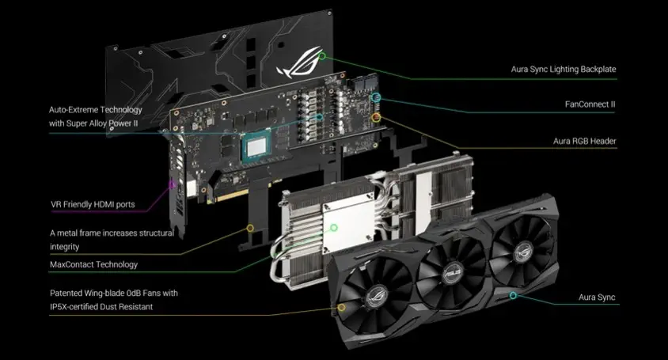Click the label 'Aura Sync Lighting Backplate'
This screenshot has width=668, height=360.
point(564,69)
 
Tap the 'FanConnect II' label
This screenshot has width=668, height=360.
point(590,104)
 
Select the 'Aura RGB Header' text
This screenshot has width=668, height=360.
point(584,141)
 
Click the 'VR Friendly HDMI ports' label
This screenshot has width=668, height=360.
point(93,204)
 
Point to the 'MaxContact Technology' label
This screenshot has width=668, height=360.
point(93,264)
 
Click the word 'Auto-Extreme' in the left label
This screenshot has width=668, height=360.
point(74,109)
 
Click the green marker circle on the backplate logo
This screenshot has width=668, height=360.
point(322,56)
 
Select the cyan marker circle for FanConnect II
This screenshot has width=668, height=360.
point(375,97)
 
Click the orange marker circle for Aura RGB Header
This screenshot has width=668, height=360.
point(376,117)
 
